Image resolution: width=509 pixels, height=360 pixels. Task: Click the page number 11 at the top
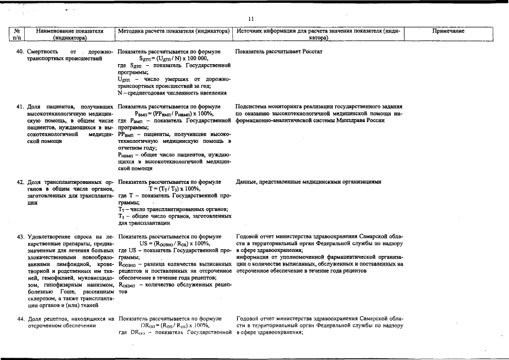point(254,19)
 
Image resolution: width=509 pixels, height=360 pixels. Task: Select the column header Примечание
point(448,31)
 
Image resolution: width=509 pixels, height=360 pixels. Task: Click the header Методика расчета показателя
point(174,31)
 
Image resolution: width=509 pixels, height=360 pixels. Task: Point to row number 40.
point(19,52)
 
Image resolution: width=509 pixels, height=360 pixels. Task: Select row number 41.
point(19,106)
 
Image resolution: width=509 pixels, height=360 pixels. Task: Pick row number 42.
point(19,182)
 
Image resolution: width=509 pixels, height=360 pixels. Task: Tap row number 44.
point(19,319)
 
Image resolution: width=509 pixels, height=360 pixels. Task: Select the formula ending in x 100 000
point(174,58)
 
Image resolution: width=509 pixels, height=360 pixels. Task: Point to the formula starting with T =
point(174,189)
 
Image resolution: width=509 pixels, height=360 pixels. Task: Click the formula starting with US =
point(174,244)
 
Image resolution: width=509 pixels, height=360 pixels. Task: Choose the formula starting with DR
point(174,326)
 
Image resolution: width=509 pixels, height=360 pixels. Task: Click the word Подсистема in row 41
point(254,106)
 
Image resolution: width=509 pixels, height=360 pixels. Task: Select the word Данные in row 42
point(249,182)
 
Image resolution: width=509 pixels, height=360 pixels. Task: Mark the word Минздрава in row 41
point(351,120)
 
